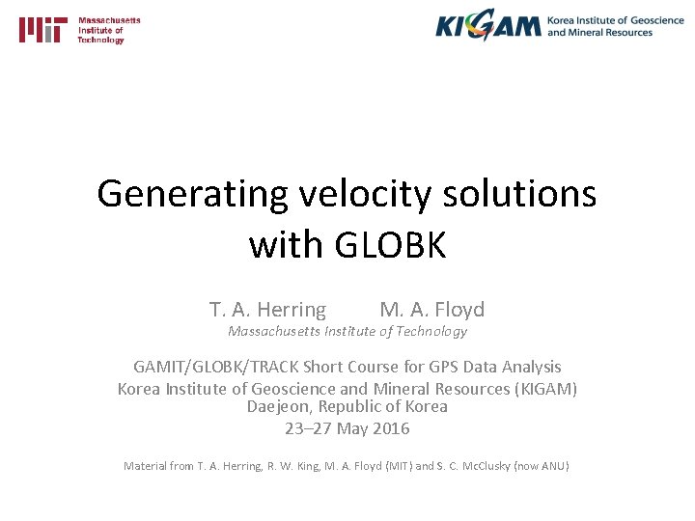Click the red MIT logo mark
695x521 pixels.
[43, 30]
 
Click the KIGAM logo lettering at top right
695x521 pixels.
[487, 26]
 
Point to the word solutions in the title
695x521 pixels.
[518, 195]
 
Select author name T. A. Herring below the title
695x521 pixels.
[267, 310]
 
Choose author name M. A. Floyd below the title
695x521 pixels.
[431, 310]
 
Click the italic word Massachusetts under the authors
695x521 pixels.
[274, 331]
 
